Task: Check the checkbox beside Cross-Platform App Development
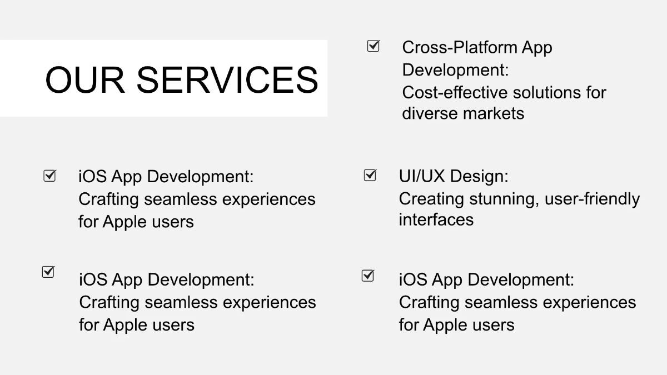[x=374, y=46]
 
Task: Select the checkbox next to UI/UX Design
[x=370, y=175]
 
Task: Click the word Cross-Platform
[x=459, y=48]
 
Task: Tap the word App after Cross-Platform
[x=536, y=48]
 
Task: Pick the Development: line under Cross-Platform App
[x=456, y=70]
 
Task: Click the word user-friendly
[x=592, y=198]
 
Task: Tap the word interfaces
[x=436, y=219]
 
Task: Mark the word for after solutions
[x=594, y=92]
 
